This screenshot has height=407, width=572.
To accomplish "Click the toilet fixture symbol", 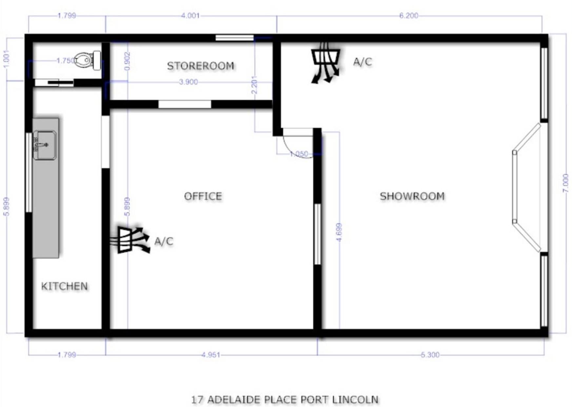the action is click(88, 60).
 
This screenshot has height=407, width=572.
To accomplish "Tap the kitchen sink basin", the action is click(44, 145).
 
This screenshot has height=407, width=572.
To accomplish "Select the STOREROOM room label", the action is click(201, 66).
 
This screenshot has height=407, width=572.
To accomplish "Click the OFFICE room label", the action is click(203, 196).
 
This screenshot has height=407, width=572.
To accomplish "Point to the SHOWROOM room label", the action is click(412, 196).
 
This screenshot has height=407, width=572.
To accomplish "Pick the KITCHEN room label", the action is click(64, 286).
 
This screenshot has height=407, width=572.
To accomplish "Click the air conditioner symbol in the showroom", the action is click(325, 62).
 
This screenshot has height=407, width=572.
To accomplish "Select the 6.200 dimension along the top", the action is click(409, 16).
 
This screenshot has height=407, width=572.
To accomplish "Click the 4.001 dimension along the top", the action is click(190, 16).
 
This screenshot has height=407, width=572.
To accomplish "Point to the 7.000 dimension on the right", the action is click(565, 183).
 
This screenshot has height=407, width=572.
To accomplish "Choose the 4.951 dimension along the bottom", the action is click(211, 355).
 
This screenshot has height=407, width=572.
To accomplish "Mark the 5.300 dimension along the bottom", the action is click(430, 355).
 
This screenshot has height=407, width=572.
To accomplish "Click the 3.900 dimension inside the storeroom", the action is click(188, 82).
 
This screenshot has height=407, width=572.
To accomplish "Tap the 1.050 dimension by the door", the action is click(299, 154).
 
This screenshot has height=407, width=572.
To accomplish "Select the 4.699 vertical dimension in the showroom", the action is click(339, 232).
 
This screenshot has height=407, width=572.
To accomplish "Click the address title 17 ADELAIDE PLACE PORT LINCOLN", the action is click(285, 400).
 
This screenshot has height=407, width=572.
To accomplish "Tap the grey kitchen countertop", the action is click(46, 188).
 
